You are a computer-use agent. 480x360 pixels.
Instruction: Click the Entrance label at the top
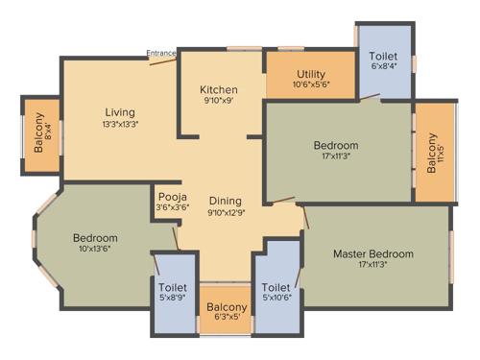(160, 53)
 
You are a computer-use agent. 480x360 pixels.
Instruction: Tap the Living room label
(121, 112)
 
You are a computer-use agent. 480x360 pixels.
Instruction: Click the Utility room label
(311, 74)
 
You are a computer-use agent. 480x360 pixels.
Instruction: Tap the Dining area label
(227, 201)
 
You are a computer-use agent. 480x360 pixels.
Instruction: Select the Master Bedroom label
(373, 253)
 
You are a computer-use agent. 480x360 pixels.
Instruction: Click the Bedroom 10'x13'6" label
(95, 238)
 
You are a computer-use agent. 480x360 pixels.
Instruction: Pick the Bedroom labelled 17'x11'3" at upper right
(336, 146)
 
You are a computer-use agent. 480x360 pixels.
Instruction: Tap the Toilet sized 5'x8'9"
(173, 291)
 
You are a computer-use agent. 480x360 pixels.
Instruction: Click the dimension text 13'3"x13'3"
(121, 125)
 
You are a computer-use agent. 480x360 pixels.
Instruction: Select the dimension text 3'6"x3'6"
(173, 207)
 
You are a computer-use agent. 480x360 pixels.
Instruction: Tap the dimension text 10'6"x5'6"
(311, 85)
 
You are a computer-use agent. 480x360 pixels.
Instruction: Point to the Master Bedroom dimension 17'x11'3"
(373, 266)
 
